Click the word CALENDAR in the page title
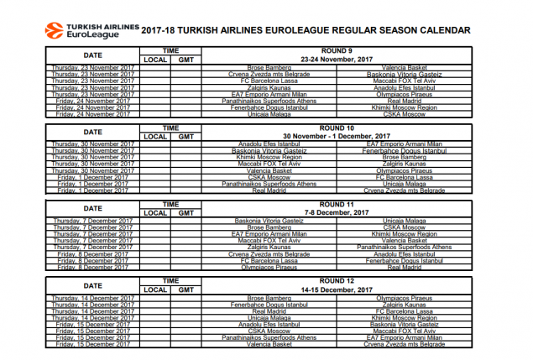[x=448, y=29]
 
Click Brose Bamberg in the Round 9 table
[x=269, y=67]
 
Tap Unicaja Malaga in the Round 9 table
[x=269, y=113]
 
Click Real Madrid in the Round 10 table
[x=269, y=190]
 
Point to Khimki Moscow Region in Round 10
[x=269, y=156]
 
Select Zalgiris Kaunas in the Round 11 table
[x=269, y=248]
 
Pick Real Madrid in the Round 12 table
[x=269, y=311]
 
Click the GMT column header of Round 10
[x=186, y=136]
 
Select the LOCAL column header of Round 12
[x=155, y=290]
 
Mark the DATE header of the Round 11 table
[x=93, y=208]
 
